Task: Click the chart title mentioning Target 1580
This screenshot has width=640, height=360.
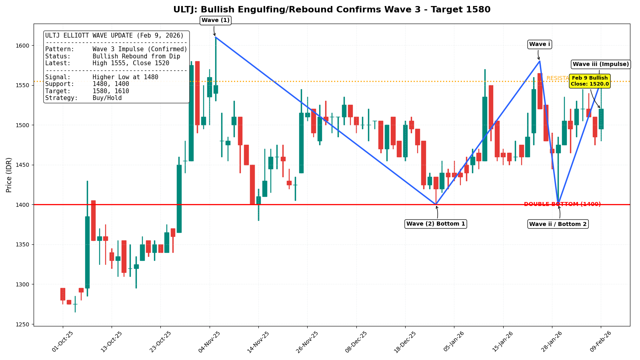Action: pos(332,10)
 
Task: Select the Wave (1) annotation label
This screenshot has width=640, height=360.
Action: pos(216,20)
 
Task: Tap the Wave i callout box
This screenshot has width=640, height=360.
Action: pos(540,44)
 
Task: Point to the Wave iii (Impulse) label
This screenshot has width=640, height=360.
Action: pos(600,64)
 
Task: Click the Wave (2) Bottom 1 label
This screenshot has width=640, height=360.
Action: pos(436,224)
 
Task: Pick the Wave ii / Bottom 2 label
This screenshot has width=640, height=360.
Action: pos(558,224)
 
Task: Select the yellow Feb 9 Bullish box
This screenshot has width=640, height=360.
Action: pos(590,81)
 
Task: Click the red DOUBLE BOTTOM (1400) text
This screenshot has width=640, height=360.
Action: pos(562,204)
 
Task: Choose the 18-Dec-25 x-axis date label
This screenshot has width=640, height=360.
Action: pos(404,342)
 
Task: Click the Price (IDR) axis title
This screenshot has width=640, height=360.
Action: pos(9,175)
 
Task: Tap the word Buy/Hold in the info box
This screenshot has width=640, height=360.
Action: pos(107,98)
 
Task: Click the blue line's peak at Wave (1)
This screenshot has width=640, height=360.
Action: pos(215,37)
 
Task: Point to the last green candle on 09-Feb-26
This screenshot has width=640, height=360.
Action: pos(601,119)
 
